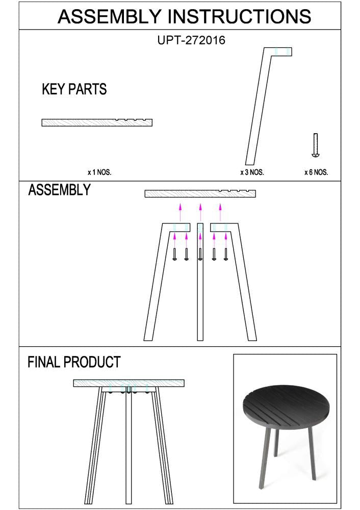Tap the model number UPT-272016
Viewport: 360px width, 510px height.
click(191, 40)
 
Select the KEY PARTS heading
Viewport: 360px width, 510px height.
click(74, 90)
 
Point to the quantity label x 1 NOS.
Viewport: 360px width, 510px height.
click(99, 172)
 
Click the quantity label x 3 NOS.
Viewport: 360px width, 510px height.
click(252, 172)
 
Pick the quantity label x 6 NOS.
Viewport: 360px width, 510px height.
click(316, 172)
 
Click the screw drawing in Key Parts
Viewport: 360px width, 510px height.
click(316, 145)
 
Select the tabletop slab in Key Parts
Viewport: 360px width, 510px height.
click(97, 122)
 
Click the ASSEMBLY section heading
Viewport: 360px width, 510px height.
click(59, 190)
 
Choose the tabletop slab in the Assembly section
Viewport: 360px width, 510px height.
click(200, 194)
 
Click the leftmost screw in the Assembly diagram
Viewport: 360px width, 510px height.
click(175, 254)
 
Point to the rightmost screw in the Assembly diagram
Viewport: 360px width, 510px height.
click(225, 254)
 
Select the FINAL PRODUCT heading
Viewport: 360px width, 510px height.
click(74, 363)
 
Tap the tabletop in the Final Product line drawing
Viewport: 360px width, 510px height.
click(128, 383)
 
